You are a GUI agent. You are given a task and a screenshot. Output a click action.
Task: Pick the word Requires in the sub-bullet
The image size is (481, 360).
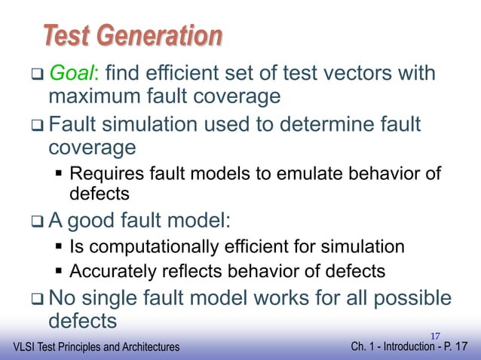[103, 175]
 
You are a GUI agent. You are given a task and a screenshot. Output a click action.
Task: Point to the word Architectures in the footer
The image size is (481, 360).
[148, 347]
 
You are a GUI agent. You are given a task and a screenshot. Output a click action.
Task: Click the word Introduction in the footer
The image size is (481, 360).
[404, 347]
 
